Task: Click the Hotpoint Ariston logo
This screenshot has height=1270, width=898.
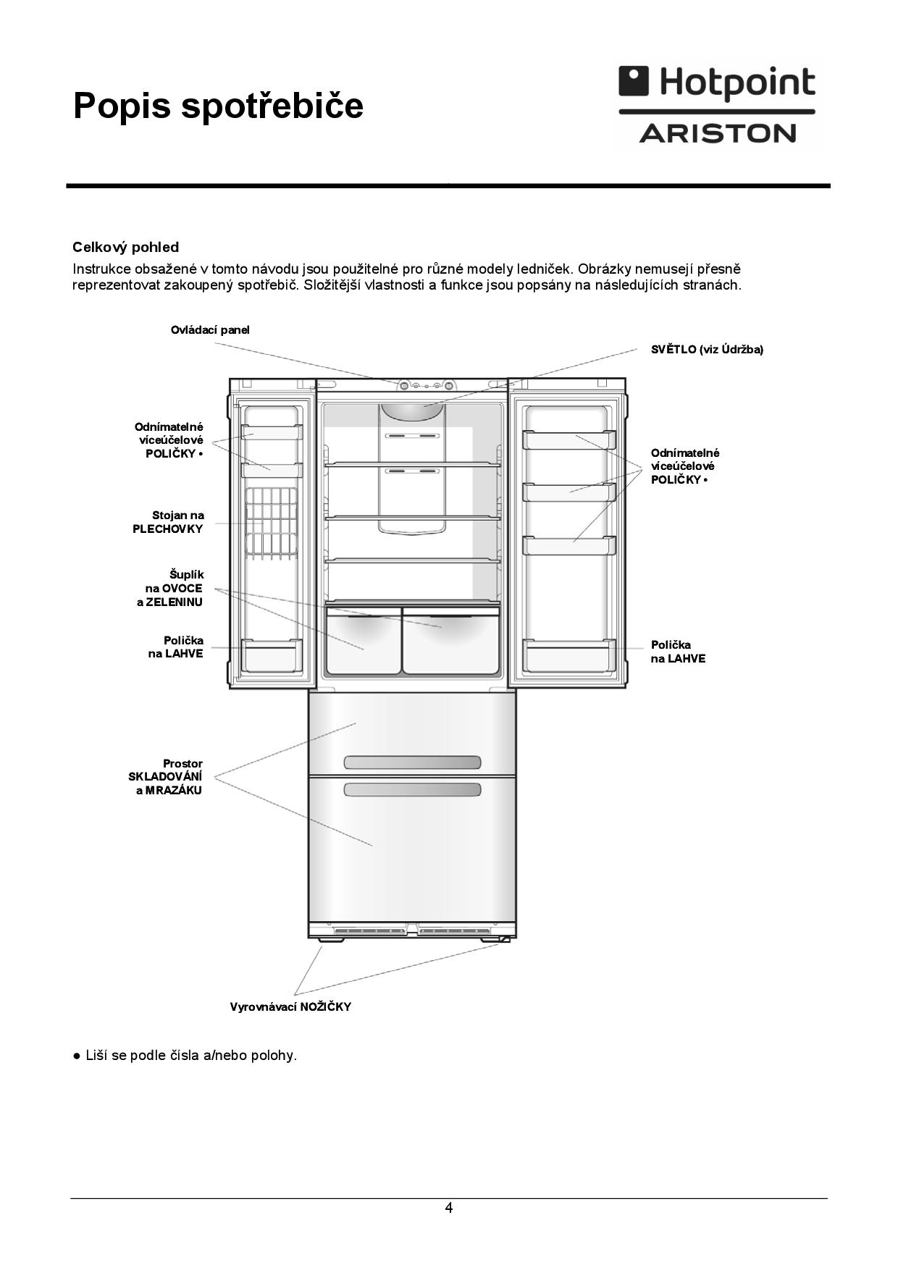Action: [x=717, y=106]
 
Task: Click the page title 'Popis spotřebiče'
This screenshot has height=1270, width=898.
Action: [x=218, y=106]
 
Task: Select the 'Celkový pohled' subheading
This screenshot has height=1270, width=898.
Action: [x=125, y=248]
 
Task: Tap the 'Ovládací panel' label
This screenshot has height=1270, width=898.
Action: [x=210, y=330]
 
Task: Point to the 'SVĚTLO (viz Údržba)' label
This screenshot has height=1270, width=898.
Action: [x=707, y=350]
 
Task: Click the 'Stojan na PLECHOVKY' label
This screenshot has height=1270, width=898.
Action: [x=169, y=522]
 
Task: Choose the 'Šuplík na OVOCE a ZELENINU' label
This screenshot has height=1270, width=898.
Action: [x=171, y=588]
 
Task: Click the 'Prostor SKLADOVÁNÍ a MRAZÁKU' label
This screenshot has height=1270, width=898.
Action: [x=166, y=777]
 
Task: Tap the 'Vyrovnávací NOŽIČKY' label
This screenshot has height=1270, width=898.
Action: [x=290, y=1007]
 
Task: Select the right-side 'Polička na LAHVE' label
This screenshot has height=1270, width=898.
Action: [x=678, y=652]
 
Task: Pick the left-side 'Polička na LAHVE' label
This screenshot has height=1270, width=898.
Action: [x=176, y=647]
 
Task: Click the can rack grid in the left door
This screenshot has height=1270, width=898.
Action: [x=272, y=523]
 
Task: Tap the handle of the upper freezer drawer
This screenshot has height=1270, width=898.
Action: [x=412, y=762]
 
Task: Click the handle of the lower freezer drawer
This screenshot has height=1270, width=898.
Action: [x=412, y=789]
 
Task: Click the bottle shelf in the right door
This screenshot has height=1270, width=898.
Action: [x=569, y=655]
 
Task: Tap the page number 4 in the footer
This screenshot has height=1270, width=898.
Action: [x=449, y=1208]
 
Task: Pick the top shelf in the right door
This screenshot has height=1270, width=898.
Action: [x=569, y=440]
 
